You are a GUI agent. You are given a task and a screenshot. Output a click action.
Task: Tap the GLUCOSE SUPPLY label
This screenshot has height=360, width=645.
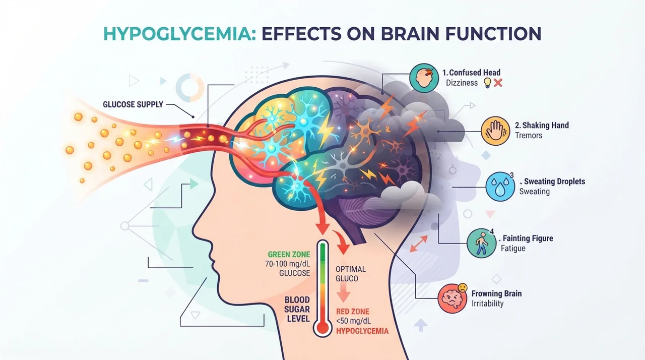pyautogui.click(x=133, y=104)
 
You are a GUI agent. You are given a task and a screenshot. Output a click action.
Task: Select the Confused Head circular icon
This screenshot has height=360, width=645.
pyautogui.click(x=424, y=78)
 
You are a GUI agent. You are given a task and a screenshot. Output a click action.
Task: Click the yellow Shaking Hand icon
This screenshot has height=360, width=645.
pyautogui.click(x=495, y=131)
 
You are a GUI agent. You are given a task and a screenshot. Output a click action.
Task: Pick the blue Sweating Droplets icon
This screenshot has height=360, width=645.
pyautogui.click(x=500, y=187)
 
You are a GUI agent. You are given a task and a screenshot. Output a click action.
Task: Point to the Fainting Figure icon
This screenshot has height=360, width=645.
pyautogui.click(x=481, y=244)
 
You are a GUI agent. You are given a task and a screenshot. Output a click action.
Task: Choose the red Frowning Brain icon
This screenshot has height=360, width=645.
pyautogui.click(x=453, y=298)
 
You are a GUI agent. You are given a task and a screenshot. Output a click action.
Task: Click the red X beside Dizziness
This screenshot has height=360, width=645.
pyautogui.click(x=498, y=83)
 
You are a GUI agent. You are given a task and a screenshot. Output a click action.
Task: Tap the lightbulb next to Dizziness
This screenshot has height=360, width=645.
pyautogui.click(x=487, y=83)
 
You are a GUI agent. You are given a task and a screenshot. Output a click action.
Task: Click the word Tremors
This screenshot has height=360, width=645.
pyautogui.click(x=529, y=135)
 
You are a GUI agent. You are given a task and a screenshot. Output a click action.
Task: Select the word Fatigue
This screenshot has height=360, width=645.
pyautogui.click(x=513, y=248)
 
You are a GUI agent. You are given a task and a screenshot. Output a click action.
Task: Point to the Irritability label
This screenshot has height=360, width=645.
pyautogui.click(x=487, y=304)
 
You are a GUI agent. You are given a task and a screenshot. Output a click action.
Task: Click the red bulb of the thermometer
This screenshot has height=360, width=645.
pyautogui.click(x=322, y=327)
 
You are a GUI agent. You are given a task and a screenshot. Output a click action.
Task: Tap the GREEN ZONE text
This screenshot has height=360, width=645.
pyautogui.click(x=289, y=254)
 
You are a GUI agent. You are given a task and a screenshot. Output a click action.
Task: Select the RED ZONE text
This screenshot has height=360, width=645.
pyautogui.click(x=352, y=311)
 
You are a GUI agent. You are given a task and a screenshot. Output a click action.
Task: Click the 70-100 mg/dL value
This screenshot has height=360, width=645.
pyautogui.click(x=287, y=264)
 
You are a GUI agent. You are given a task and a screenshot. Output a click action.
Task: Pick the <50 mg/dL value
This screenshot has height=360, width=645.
pyautogui.click(x=353, y=321)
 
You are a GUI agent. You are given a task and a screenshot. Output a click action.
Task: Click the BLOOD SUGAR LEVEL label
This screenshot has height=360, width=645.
pyautogui.click(x=297, y=309)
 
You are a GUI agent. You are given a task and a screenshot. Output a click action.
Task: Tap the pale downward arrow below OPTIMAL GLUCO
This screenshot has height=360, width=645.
pyautogui.click(x=343, y=293)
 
